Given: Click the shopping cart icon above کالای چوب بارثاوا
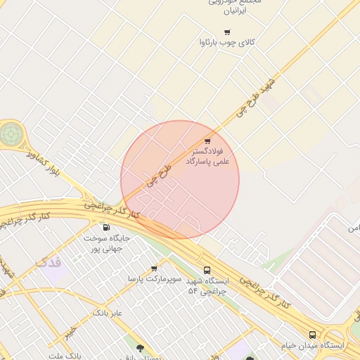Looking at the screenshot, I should [x=226, y=32].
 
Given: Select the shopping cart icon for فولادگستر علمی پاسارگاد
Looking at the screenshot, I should [x=207, y=141].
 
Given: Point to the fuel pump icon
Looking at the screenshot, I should [x=106, y=226].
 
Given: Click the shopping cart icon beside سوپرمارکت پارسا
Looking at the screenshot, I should [x=154, y=268].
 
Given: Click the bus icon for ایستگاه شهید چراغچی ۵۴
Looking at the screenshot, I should [x=207, y=270].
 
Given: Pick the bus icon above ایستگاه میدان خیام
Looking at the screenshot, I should [x=312, y=335].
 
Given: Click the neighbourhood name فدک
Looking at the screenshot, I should [x=48, y=263].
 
